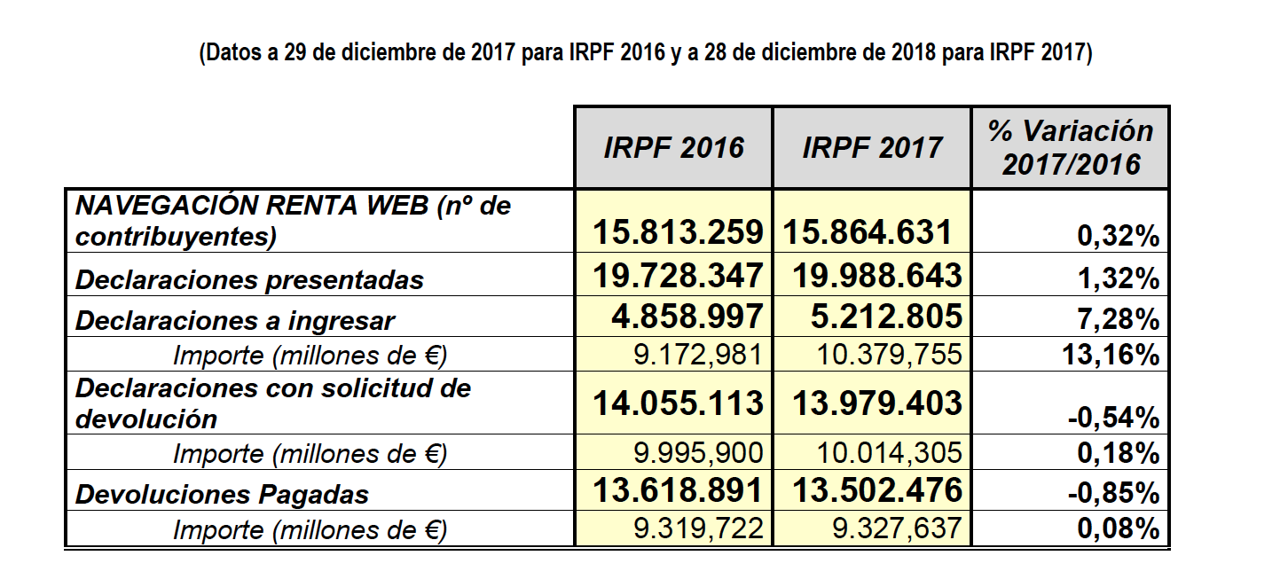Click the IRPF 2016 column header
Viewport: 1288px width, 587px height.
673,147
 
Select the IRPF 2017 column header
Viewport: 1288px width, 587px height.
872,147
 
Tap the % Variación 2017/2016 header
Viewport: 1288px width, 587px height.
1071,147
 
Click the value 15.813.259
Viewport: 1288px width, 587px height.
679,232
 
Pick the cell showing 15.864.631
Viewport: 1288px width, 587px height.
868,232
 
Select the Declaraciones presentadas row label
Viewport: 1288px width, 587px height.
250,279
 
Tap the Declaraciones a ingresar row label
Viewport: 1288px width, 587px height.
235,320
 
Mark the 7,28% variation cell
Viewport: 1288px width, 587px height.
1123,318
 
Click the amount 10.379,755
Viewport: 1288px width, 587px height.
889,355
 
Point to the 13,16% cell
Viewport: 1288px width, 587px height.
1111,355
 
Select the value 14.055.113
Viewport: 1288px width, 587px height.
679,403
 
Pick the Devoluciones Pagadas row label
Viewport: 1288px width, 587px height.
223,494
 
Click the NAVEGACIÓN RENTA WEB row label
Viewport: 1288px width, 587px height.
293,221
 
